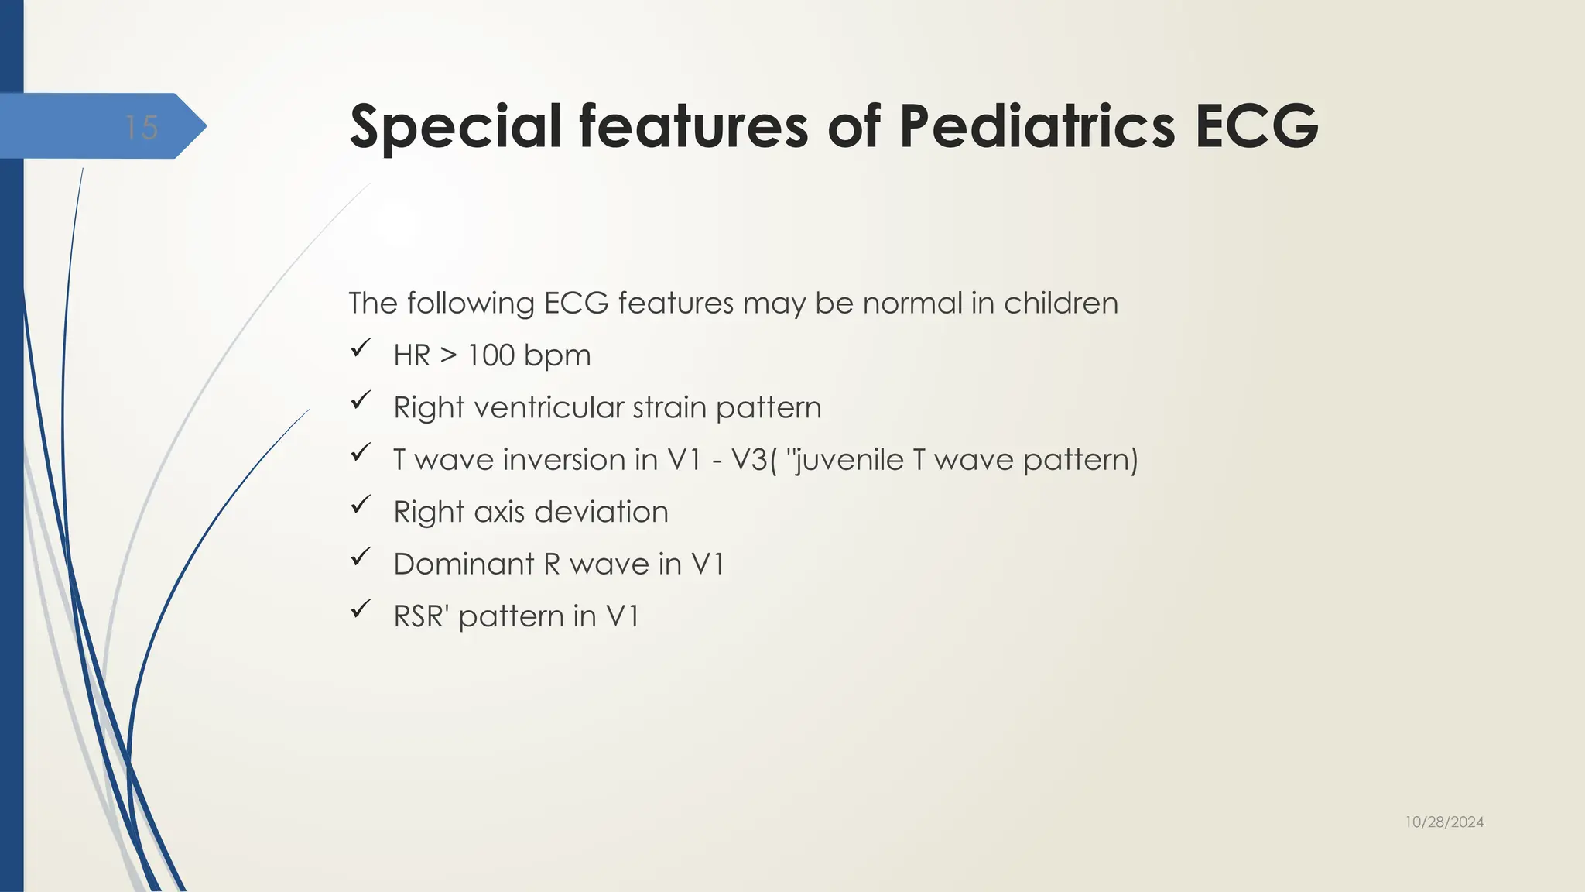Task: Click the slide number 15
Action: pos(142,128)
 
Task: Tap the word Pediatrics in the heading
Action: pos(1037,127)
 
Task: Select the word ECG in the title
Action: pos(1257,127)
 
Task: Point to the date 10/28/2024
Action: pos(1444,822)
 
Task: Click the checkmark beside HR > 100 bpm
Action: pos(361,348)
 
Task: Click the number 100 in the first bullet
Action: pos(491,355)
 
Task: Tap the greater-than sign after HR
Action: pos(448,355)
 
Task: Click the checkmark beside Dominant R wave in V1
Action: pos(361,557)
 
